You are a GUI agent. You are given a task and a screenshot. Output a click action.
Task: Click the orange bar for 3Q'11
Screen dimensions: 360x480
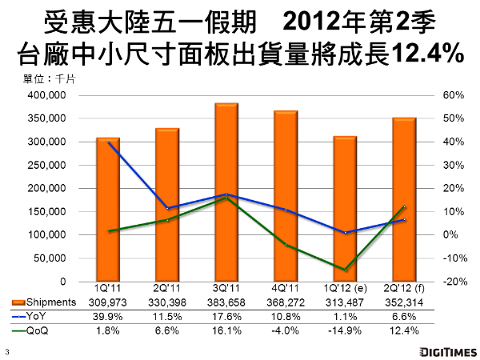tap(226, 192)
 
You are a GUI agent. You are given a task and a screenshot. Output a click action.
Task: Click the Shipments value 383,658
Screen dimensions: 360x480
tap(226, 302)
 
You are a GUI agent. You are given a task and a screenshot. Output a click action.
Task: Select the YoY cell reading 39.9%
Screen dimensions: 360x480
tap(108, 316)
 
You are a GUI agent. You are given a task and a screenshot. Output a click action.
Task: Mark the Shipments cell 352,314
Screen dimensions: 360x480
tap(404, 302)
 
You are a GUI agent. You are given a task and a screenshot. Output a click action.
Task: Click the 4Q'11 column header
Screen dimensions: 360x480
tap(286, 288)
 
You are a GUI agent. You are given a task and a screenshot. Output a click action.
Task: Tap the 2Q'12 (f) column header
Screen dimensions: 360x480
tap(404, 288)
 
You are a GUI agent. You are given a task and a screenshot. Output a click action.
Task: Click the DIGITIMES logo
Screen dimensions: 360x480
tap(440, 350)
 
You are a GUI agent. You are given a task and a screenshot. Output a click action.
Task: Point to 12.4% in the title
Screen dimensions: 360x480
tap(429, 54)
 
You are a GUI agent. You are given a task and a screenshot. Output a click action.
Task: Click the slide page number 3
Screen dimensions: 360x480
tap(6, 350)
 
